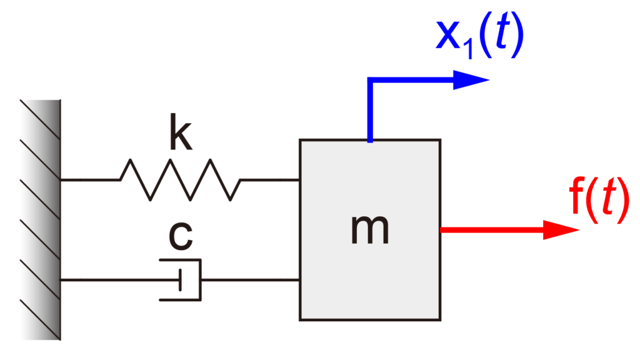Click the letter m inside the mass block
click(370, 230)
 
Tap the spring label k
click(181, 132)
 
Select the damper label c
click(181, 236)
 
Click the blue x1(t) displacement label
click(479, 36)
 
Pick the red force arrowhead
click(561, 230)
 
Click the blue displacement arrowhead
click(471, 80)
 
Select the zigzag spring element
click(180, 179)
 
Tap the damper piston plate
click(180, 280)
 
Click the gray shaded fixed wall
click(41, 219)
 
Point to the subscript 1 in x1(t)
click(470, 48)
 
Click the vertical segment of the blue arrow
click(370, 110)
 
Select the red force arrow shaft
click(492, 230)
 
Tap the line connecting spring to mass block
click(270, 179)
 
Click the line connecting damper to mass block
click(251, 280)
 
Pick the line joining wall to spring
click(90, 179)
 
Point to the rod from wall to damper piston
click(119, 280)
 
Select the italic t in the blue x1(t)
click(502, 32)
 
